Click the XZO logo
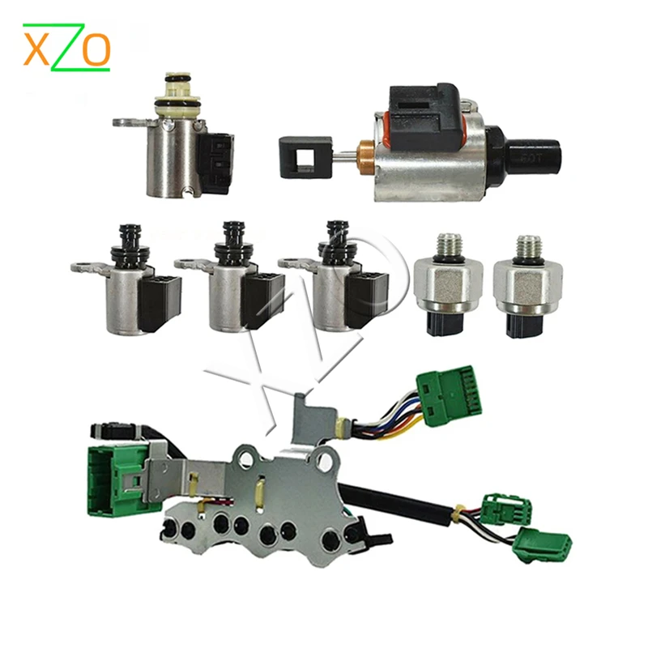tap(66, 47)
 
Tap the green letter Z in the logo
tap(67, 48)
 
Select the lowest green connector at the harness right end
tap(542, 544)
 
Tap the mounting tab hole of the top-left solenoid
tap(124, 124)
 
